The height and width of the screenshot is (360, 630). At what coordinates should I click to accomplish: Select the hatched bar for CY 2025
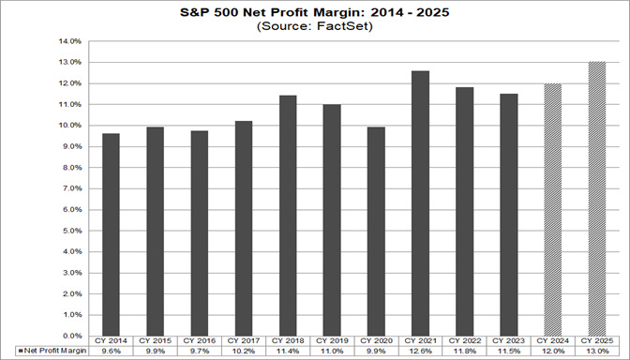click(595, 198)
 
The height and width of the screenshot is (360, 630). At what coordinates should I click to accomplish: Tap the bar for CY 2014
click(111, 233)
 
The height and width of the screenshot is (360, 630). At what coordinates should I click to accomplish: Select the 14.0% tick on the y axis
click(72, 41)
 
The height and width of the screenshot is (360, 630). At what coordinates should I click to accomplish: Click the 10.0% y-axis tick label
click(72, 126)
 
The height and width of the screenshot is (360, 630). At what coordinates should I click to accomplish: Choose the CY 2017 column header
click(243, 341)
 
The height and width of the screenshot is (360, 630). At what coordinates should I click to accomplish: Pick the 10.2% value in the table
click(243, 351)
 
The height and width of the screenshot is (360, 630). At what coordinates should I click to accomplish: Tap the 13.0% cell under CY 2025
click(595, 351)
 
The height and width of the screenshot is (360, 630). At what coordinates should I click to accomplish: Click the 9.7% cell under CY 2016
click(199, 351)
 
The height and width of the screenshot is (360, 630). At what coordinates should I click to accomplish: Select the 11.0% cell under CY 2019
click(331, 351)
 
